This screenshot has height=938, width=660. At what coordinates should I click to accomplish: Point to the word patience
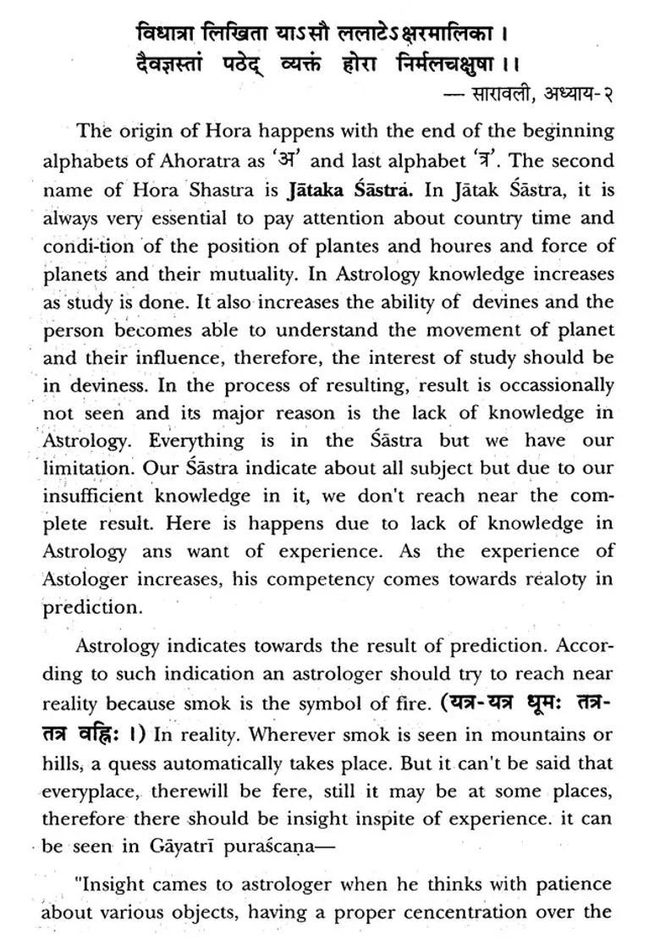(572, 884)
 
